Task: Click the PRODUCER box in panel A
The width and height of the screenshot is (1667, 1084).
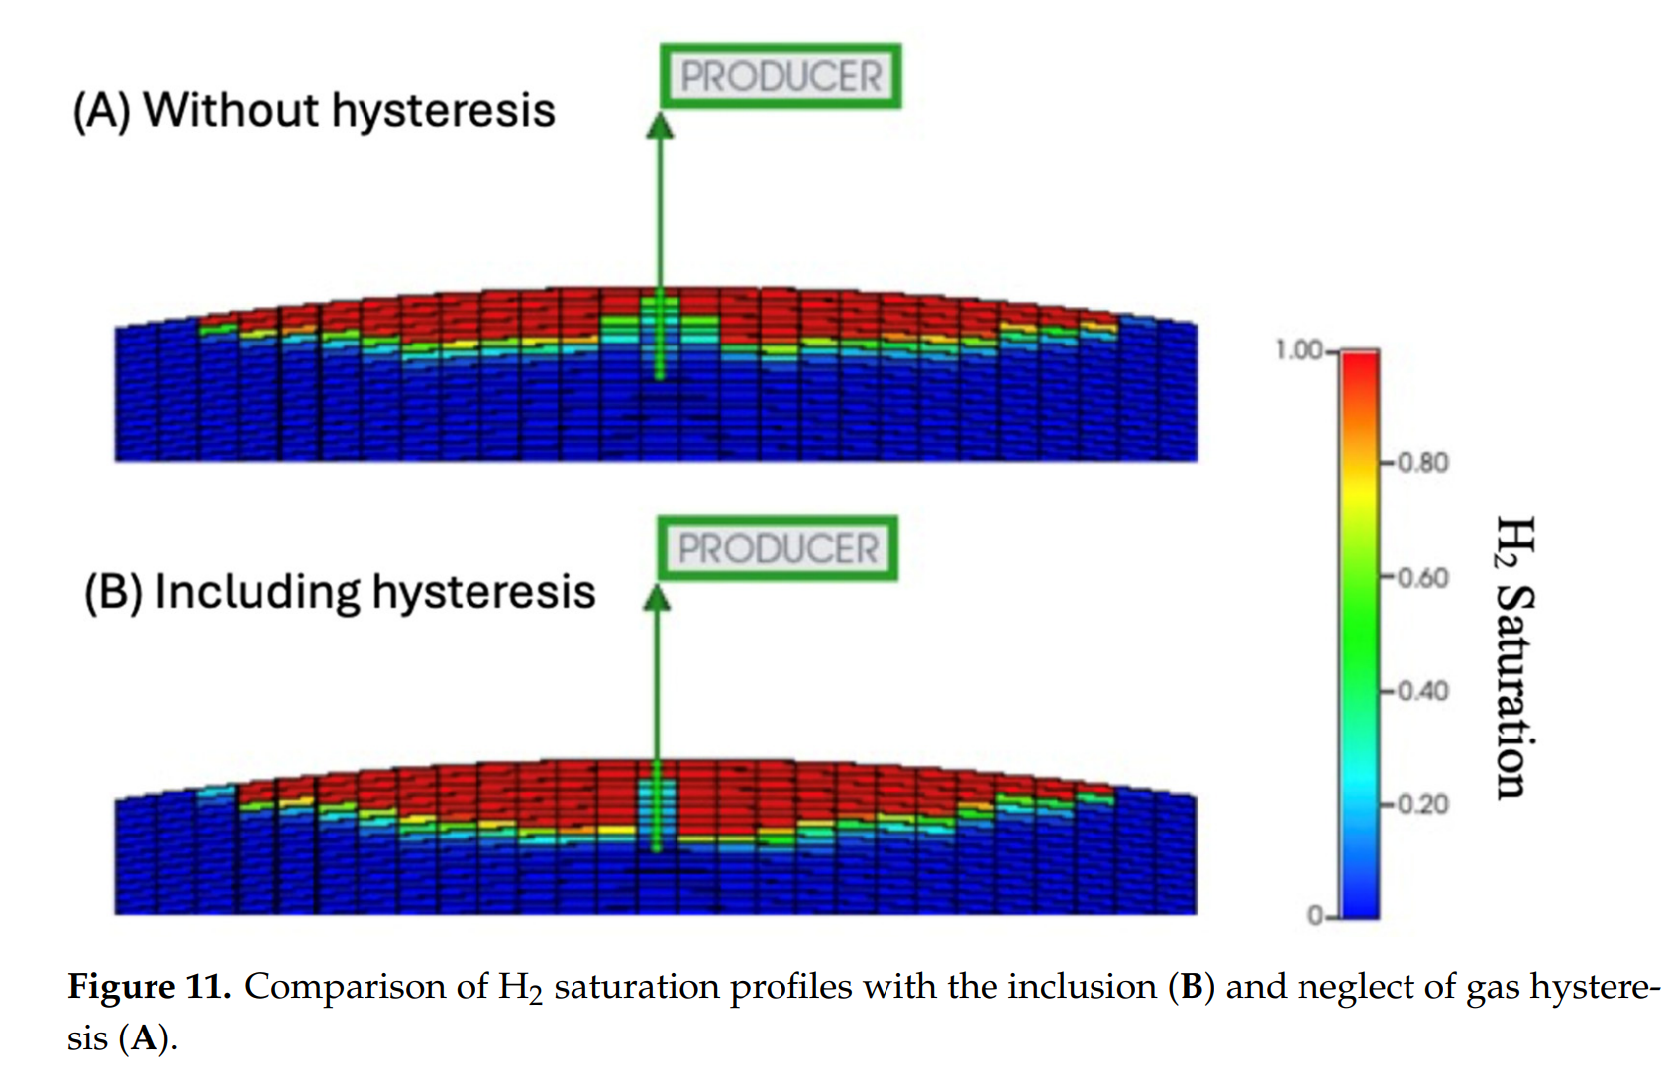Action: point(781,76)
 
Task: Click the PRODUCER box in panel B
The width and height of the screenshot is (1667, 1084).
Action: point(778,548)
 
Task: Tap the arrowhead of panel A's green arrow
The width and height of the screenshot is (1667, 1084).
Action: point(660,127)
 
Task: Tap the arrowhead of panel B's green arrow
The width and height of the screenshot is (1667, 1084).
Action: point(657,599)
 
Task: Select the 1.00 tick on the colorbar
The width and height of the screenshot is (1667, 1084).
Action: point(1299,350)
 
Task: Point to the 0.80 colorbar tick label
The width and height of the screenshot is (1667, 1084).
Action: point(1423,463)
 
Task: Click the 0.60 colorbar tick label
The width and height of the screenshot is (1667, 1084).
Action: point(1423,577)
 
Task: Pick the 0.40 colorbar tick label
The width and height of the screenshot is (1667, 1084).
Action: point(1423,691)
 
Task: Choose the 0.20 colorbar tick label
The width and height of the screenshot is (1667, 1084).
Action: point(1423,804)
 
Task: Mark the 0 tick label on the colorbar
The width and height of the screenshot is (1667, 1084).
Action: point(1315,916)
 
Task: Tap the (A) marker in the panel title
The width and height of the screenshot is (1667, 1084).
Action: point(102,111)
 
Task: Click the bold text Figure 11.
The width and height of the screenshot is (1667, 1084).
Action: point(150,987)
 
